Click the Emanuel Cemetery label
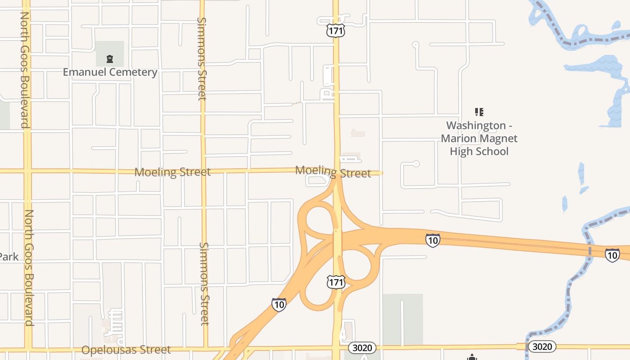tap(110, 72)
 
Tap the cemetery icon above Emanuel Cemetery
tap(109, 58)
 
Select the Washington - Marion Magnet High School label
tap(479, 138)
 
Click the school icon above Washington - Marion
tap(479, 112)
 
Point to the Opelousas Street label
tap(126, 350)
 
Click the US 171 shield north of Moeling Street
tap(336, 31)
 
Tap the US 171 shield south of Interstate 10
tap(336, 282)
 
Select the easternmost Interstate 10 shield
tap(612, 255)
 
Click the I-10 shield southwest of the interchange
tap(279, 305)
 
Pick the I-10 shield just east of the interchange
tap(432, 240)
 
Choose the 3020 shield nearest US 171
tap(362, 347)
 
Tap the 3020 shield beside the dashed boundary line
tap(542, 346)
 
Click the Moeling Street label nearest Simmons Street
tap(172, 172)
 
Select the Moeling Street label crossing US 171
tap(333, 171)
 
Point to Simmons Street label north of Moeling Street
tap(202, 58)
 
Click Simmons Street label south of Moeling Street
tap(204, 283)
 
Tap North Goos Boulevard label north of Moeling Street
tap(25, 70)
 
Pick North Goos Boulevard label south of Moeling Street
tap(29, 268)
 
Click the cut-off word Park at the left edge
tap(9, 256)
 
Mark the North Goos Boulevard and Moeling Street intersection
tap(27, 171)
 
